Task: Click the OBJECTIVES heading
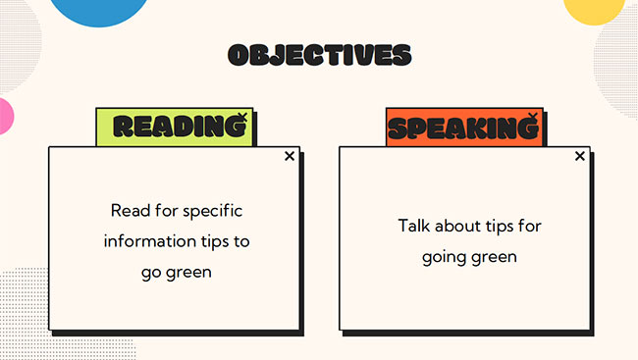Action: pyautogui.click(x=319, y=54)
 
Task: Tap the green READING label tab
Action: pyautogui.click(x=174, y=127)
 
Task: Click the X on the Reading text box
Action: pyautogui.click(x=290, y=156)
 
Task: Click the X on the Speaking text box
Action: pyautogui.click(x=580, y=156)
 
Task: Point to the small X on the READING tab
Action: pyautogui.click(x=242, y=117)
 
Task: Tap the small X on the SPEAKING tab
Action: pyautogui.click(x=533, y=117)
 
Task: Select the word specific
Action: pyautogui.click(x=211, y=210)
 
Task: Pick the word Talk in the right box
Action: pyautogui.click(x=414, y=226)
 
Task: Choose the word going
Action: pyautogui.click(x=447, y=257)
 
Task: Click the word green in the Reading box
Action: pyautogui.click(x=188, y=271)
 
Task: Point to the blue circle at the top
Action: pyautogui.click(x=98, y=8)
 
